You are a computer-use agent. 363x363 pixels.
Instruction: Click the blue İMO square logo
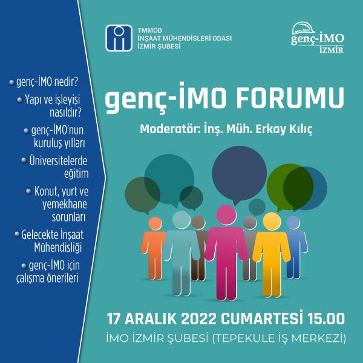tap(119, 38)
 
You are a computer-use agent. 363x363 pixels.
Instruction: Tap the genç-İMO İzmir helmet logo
tap(318, 38)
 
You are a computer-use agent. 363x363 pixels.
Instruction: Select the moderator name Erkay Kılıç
tap(284, 129)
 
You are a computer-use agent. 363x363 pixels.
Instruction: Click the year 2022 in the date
tap(198, 319)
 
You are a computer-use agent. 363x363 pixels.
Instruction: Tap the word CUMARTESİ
tap(262, 318)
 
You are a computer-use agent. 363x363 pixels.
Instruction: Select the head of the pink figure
tap(226, 215)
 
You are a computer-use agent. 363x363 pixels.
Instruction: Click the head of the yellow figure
tap(272, 221)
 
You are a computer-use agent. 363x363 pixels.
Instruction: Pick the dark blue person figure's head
tap(293, 223)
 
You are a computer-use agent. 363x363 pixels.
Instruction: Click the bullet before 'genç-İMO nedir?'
tap(11, 82)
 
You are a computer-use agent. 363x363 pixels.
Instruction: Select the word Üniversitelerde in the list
tap(58, 161)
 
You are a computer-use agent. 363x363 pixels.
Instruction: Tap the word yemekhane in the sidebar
tap(65, 204)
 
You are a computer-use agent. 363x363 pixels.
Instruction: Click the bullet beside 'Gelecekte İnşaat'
tap(17, 234)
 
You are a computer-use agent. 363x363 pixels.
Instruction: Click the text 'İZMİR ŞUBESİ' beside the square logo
tap(159, 46)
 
